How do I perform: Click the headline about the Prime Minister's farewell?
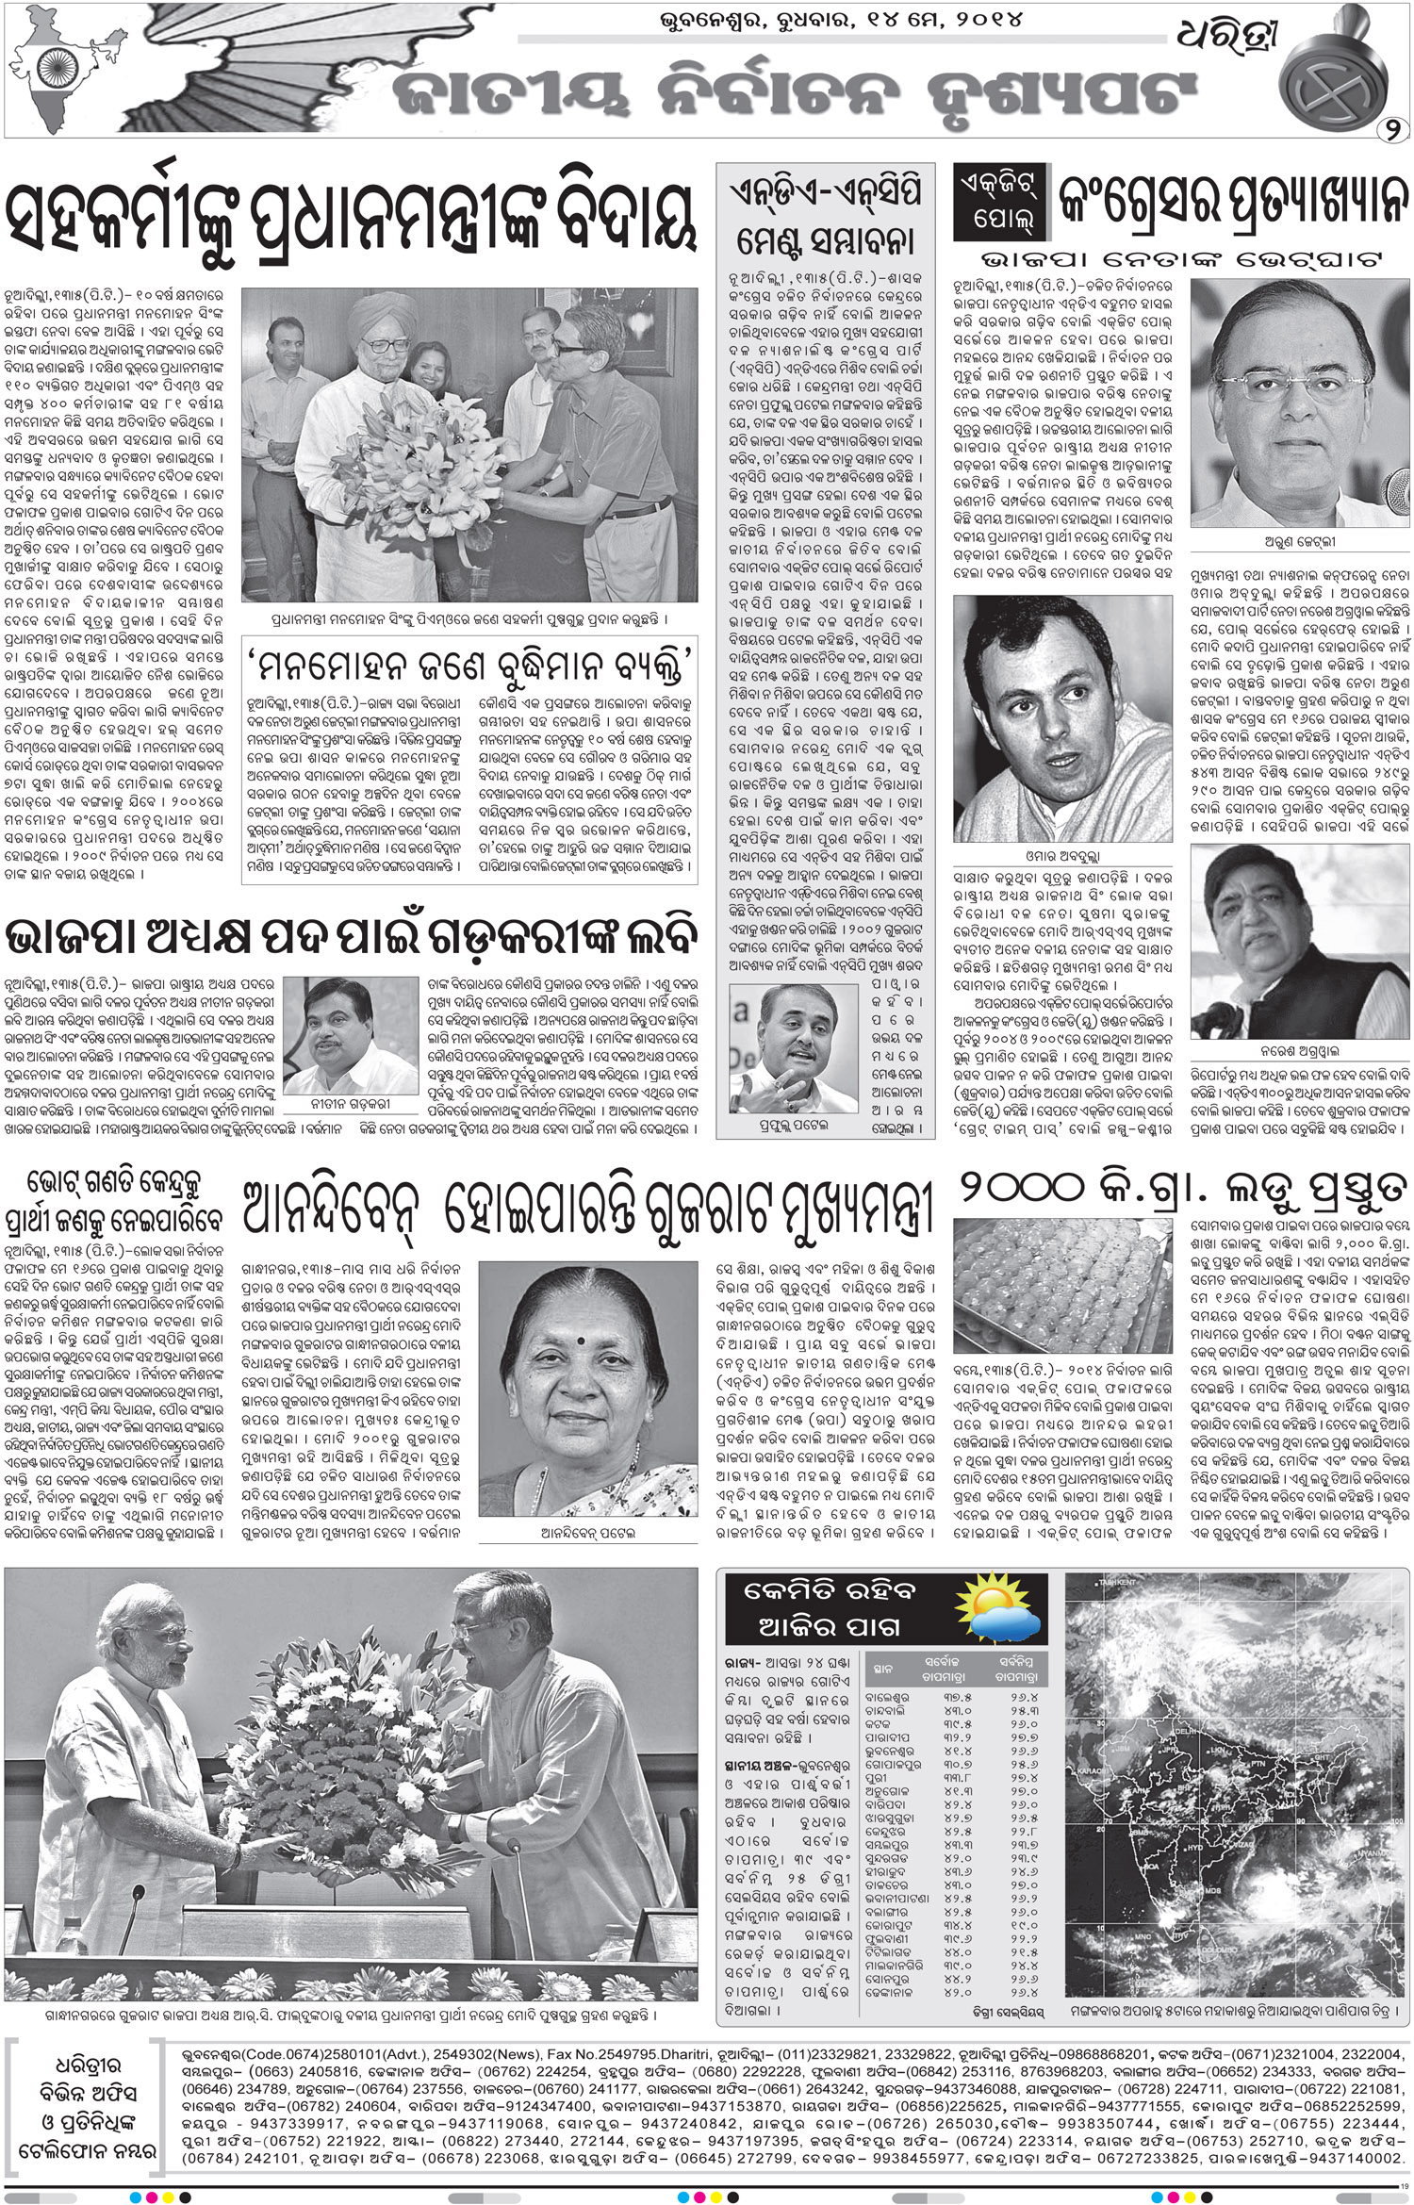[x=349, y=215]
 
